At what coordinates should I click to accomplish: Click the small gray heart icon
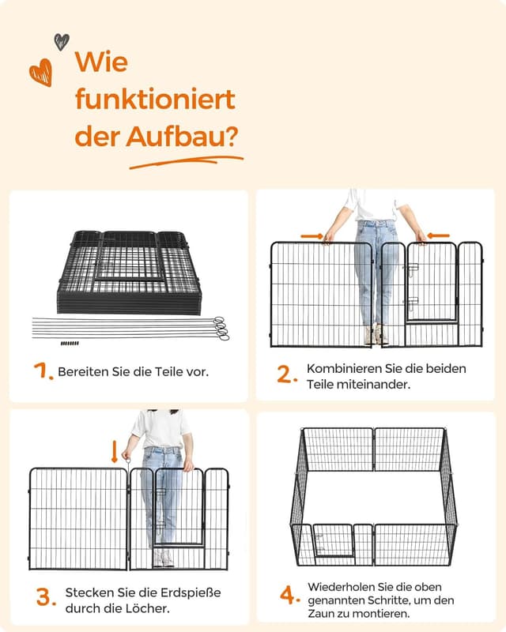(62, 42)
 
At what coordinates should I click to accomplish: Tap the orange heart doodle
(41, 73)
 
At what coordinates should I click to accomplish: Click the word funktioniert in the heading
(155, 99)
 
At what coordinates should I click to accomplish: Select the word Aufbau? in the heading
(182, 137)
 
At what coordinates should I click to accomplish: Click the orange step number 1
(43, 371)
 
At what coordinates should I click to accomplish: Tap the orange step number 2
(287, 374)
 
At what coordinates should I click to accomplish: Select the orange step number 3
(47, 597)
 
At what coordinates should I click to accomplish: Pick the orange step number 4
(290, 596)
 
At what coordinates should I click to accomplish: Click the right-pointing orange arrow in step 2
(312, 235)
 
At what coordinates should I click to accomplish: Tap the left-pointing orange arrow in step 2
(438, 235)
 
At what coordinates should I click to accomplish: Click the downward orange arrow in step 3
(114, 451)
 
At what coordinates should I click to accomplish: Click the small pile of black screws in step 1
(70, 344)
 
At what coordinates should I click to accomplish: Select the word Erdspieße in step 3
(191, 593)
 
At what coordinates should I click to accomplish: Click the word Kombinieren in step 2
(344, 368)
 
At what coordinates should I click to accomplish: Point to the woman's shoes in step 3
(164, 558)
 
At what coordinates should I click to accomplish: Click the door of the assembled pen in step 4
(334, 540)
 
